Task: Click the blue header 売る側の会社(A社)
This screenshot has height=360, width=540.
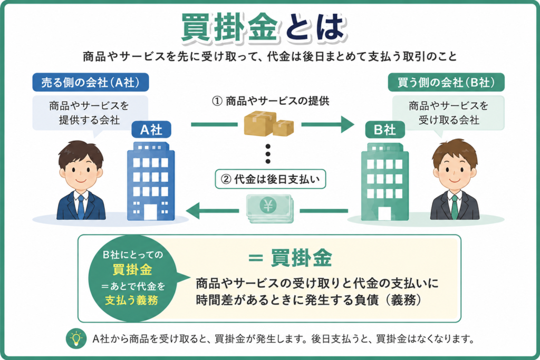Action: coord(91,82)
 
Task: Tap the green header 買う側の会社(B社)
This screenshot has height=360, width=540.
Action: coord(446,82)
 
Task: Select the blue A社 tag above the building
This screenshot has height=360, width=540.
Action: coord(151,130)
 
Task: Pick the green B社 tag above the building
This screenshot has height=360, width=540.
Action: coord(384,130)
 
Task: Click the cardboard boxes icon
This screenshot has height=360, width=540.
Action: coord(268,123)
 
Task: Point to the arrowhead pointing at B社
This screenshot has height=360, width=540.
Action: coord(347,124)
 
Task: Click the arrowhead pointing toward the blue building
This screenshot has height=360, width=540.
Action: coord(193,211)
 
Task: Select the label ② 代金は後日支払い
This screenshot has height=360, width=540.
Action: coord(271,179)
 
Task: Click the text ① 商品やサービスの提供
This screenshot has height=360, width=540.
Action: coord(271,101)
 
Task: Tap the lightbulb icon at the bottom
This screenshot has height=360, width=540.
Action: coord(76,339)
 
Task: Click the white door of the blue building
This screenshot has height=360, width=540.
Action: coord(150,212)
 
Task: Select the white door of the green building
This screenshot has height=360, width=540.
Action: coord(384,213)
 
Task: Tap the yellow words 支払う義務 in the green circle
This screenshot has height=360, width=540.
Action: coord(131,300)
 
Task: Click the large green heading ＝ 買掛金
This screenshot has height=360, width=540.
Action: coord(291,257)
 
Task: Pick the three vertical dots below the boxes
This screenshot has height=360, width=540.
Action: coord(268,154)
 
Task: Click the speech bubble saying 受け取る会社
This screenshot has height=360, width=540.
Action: coord(448,113)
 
